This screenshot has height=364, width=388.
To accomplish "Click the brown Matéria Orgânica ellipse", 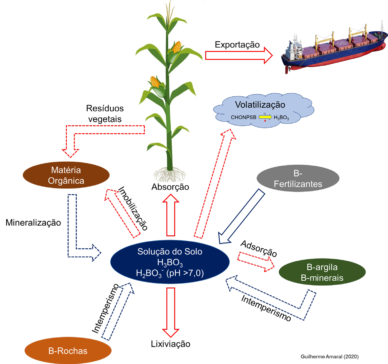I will click(66, 175).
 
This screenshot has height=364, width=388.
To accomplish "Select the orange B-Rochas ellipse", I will click(68, 350).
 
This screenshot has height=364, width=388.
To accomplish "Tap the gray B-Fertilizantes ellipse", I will click(298, 179).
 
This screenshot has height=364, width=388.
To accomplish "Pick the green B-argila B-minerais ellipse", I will click(322, 272).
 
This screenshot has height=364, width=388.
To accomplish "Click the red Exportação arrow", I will click(238, 55).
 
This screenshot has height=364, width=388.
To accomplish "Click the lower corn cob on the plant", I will click(155, 82).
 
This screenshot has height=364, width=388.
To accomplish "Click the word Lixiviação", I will click(171, 344).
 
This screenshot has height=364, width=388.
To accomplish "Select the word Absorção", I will click(170, 187).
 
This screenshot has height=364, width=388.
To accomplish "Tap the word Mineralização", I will click(33, 223).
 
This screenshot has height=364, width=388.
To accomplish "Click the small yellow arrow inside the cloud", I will click(265, 117).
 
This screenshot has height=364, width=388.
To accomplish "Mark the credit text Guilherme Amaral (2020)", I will click(330, 356).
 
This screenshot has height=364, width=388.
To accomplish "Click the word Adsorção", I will click(259, 249).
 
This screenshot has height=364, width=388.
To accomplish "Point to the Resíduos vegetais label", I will click(105, 114).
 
